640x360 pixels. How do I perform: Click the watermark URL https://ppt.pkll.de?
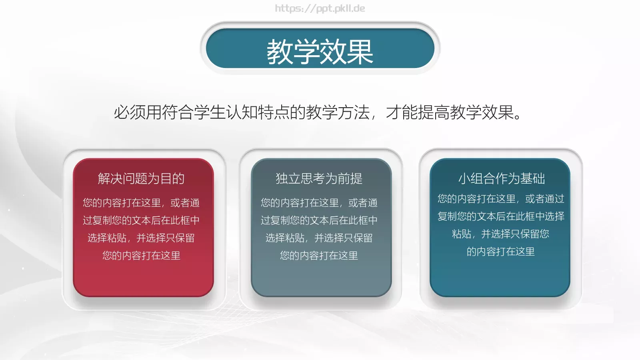click(x=320, y=8)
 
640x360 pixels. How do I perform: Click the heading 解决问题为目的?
click(x=141, y=178)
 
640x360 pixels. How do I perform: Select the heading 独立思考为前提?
click(x=319, y=178)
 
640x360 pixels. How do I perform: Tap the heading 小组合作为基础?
click(x=502, y=178)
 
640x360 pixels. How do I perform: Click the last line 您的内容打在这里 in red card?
click(x=141, y=255)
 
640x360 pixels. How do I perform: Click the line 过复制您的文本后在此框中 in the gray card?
click(x=319, y=220)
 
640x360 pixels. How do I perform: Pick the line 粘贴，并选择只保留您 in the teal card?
click(x=500, y=234)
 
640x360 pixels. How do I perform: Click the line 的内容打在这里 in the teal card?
click(x=500, y=251)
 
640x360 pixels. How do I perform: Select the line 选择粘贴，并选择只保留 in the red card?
click(x=141, y=238)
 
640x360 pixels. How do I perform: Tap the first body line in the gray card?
click(x=319, y=202)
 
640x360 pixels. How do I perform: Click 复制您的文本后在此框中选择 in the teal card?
click(x=501, y=216)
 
